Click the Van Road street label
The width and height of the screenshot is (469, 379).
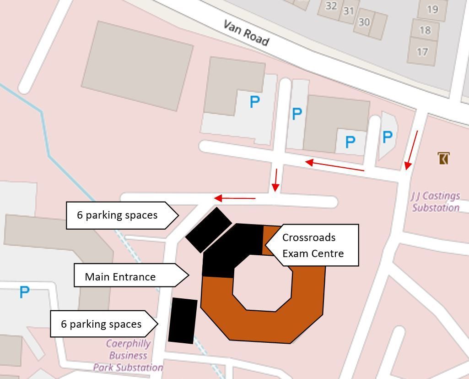point(246,32)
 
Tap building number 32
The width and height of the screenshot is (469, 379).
point(331,6)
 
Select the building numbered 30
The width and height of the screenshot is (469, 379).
point(364,22)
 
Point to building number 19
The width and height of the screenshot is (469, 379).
point(432,9)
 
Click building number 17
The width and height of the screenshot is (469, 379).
point(422,51)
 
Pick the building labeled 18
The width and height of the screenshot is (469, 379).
point(425,30)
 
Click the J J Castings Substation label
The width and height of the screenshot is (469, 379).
point(435,202)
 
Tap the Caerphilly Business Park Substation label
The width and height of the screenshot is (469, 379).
point(128,355)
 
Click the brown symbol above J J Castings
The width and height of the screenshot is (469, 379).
point(443,159)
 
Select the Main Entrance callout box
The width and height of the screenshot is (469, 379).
point(130,276)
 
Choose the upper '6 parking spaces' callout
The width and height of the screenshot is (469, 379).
point(121,215)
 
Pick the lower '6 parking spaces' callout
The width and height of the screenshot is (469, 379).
point(103,324)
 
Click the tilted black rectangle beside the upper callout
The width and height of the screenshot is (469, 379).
point(209,230)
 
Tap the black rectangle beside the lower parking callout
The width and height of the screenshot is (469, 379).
point(183,320)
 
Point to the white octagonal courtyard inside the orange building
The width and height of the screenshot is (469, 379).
point(262,283)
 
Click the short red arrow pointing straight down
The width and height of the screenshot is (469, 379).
point(275,180)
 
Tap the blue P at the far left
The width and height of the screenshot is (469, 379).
point(24,292)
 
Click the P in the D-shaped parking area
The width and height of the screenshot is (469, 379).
point(387,137)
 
